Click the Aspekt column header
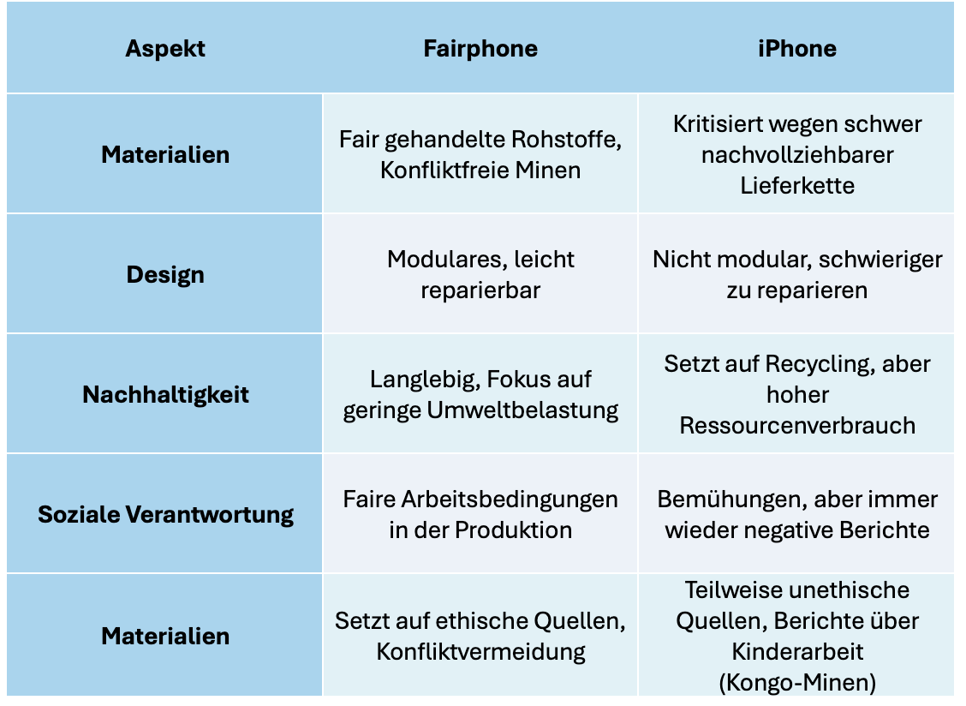click(165, 50)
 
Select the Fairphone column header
click(480, 49)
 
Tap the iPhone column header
click(797, 49)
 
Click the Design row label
click(165, 275)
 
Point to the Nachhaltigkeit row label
click(165, 395)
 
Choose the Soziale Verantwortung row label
click(165, 514)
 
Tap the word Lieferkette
click(797, 186)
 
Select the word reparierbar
click(480, 290)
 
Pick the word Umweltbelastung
click(522, 410)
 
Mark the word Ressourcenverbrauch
click(797, 426)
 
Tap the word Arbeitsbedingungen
click(510, 500)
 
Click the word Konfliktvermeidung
click(480, 652)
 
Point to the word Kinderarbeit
click(797, 652)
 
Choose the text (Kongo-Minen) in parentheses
click(797, 683)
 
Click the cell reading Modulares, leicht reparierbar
click(480, 274)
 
